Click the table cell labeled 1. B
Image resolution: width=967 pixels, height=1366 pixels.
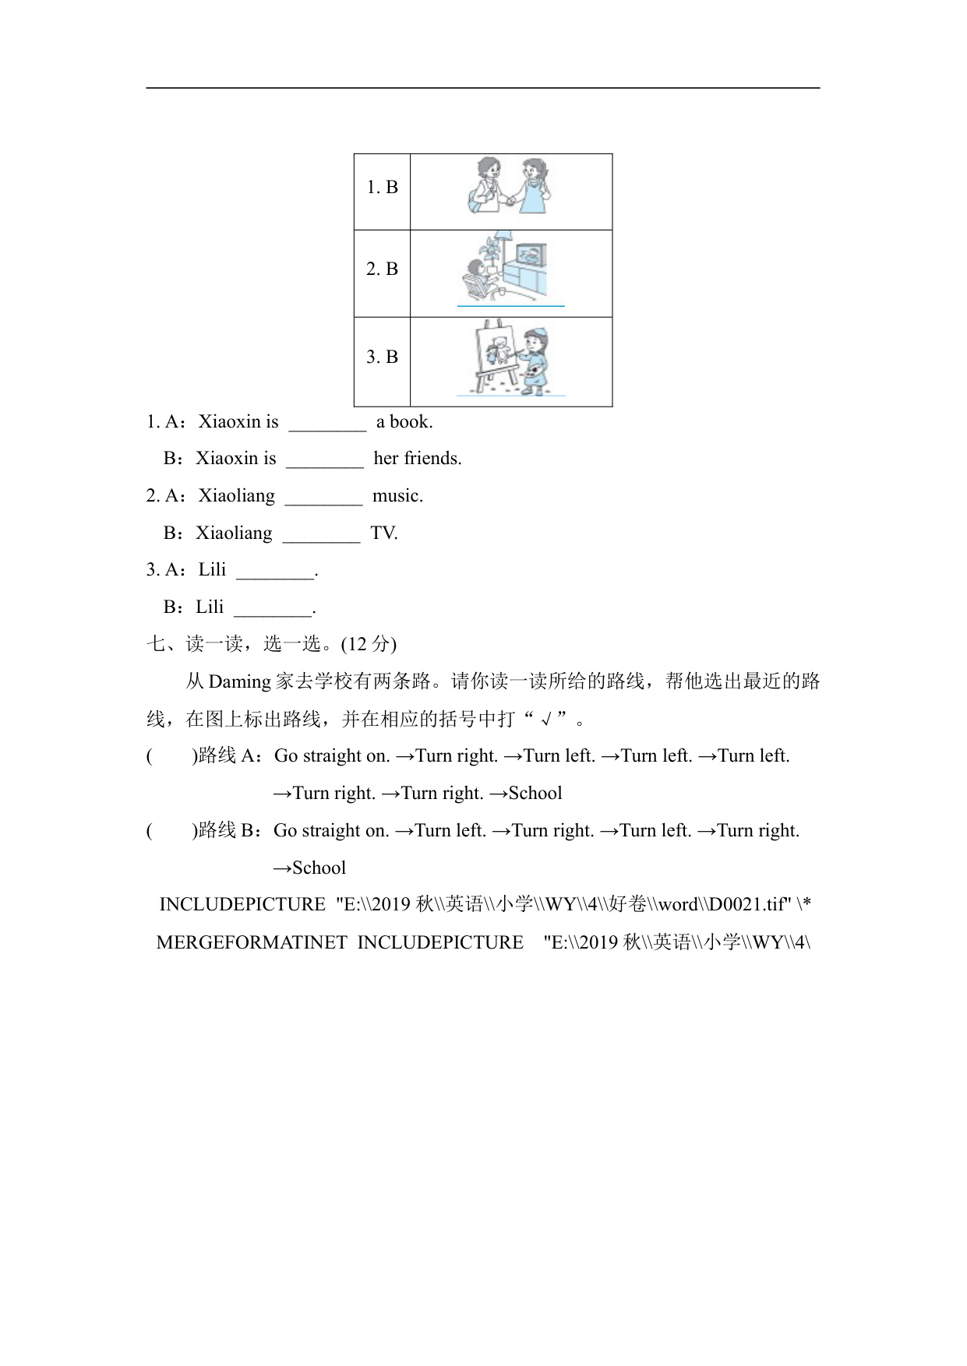coord(382,188)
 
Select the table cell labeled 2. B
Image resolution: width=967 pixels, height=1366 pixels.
coord(382,269)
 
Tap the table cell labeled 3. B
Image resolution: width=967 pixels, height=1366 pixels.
coord(382,357)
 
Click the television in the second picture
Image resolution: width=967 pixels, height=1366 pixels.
coord(530,256)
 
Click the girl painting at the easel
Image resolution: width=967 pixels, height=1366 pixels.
coord(534,361)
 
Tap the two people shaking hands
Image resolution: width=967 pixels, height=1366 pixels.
coord(510,187)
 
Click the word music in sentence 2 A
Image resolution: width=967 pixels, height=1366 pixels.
coord(397,496)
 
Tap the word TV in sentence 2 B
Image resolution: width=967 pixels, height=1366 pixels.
coord(384,533)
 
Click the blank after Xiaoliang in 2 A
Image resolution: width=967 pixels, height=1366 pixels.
coord(323,498)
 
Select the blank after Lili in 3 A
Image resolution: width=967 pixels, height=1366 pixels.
coord(275,572)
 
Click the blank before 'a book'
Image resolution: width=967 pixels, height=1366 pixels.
coord(327,424)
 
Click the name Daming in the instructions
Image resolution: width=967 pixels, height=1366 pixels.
coord(239,681)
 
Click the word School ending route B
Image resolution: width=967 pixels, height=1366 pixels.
coord(319,868)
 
